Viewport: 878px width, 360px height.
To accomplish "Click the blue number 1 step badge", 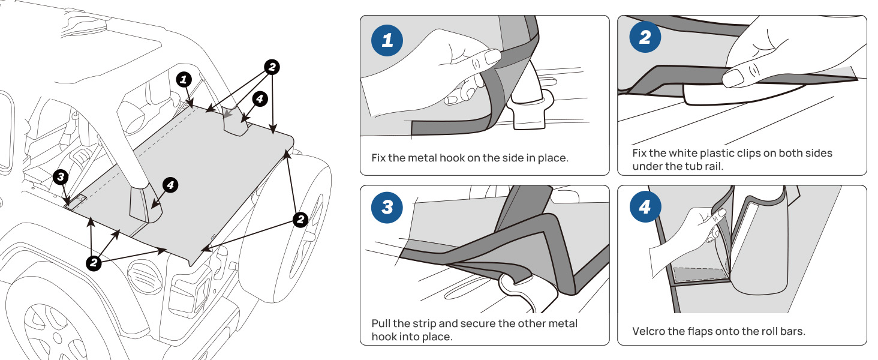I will pyautogui.click(x=387, y=41).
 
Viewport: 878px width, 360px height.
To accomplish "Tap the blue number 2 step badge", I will pyautogui.click(x=645, y=38).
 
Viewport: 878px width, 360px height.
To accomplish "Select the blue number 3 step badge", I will pyautogui.click(x=387, y=207).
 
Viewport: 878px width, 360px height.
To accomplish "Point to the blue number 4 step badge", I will pyautogui.click(x=645, y=208).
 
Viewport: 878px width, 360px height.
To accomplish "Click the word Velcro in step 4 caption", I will pyautogui.click(x=649, y=331).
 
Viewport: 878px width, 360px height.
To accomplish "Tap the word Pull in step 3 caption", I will pyautogui.click(x=381, y=323).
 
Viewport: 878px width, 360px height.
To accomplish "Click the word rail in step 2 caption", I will pyautogui.click(x=712, y=166).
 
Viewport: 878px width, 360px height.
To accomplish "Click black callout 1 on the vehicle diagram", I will pyautogui.click(x=184, y=79).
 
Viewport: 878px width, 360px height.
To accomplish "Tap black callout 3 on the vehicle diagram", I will pyautogui.click(x=61, y=176).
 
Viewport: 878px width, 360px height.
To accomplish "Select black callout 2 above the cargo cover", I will pyautogui.click(x=272, y=67).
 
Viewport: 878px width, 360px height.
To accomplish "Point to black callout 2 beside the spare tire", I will pyautogui.click(x=300, y=220).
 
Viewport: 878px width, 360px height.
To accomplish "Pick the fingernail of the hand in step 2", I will pyautogui.click(x=733, y=78).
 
